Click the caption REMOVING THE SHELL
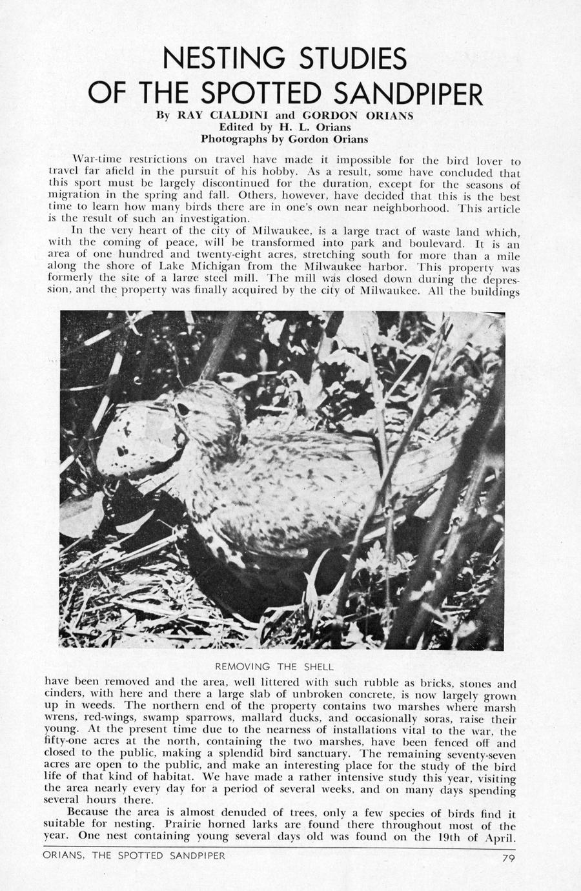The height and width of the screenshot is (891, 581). (274, 666)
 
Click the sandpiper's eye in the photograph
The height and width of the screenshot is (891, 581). (183, 409)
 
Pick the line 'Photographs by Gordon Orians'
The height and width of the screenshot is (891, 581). (284, 138)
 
